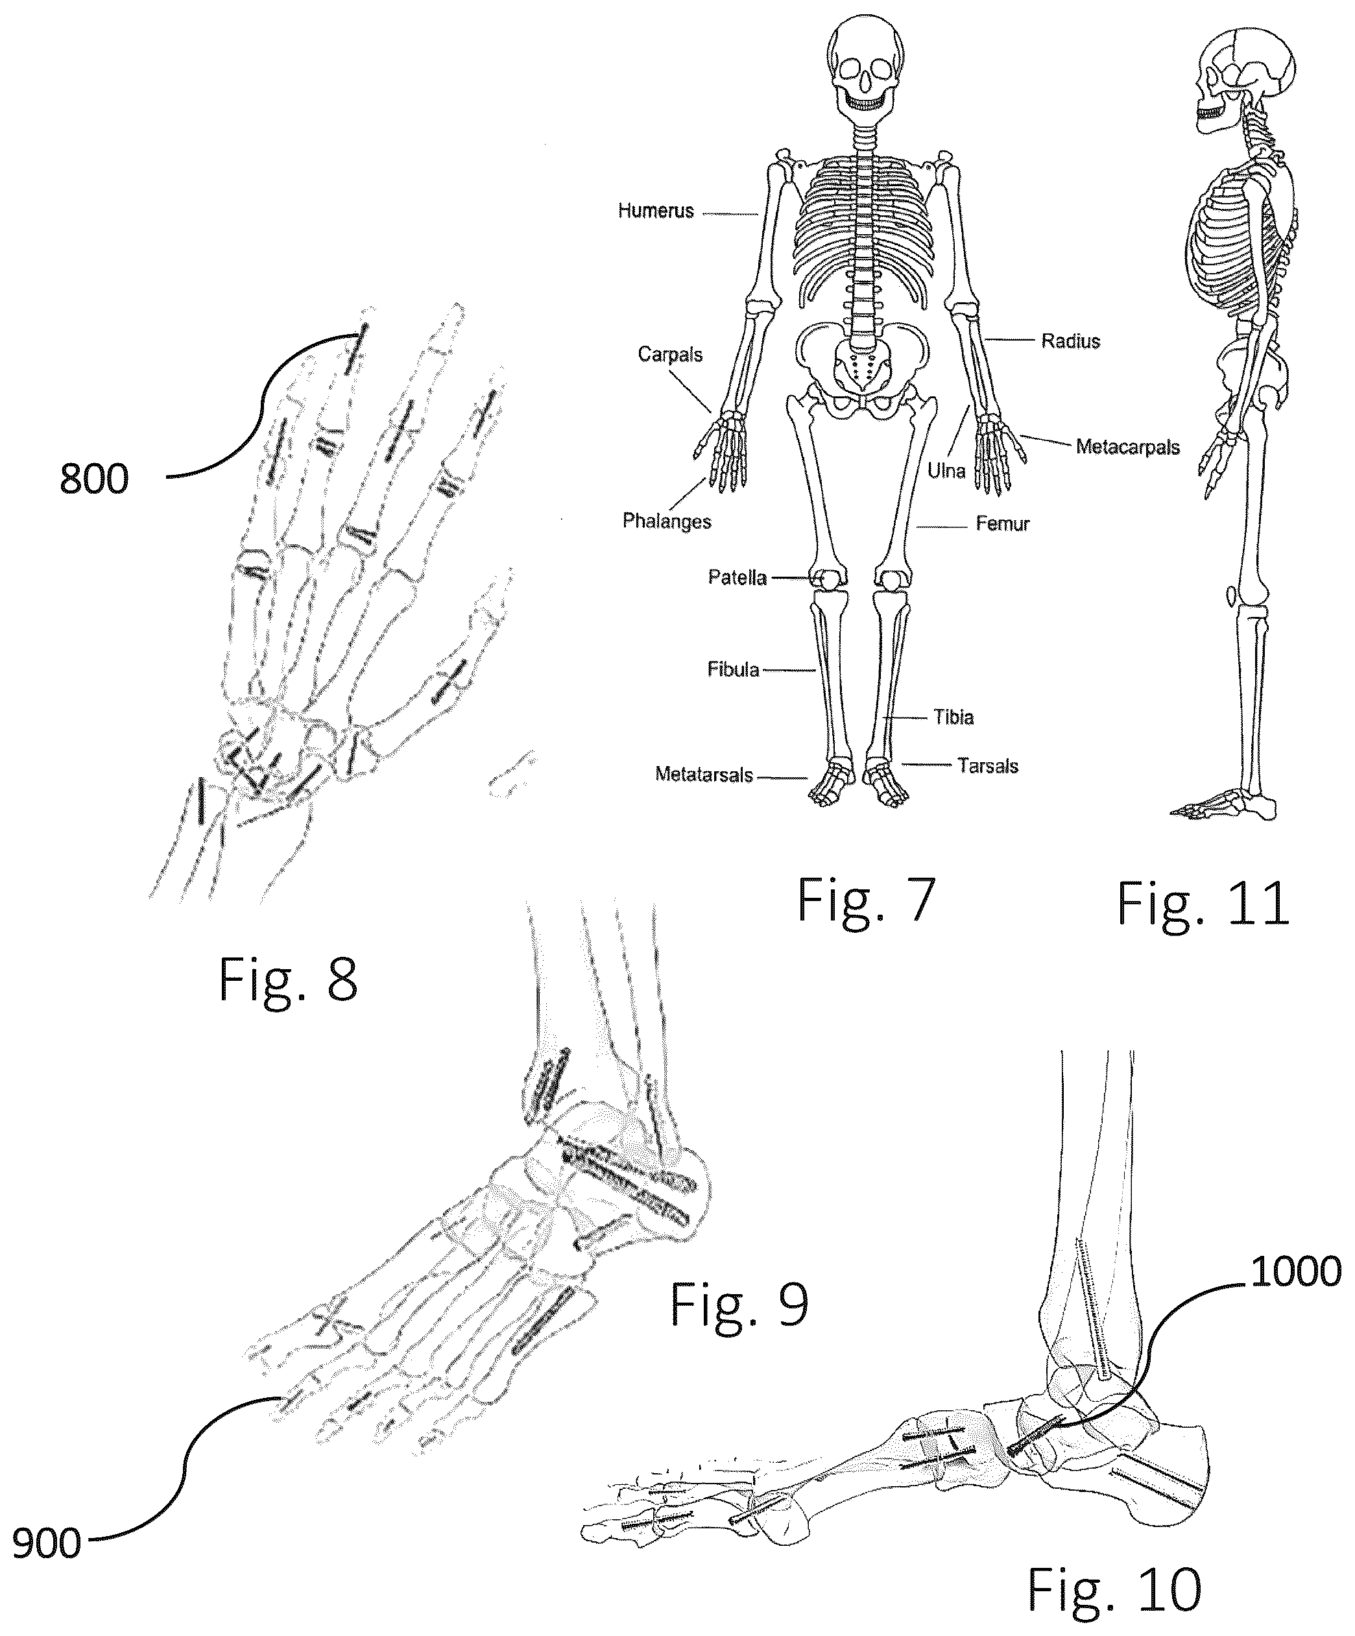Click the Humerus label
[655, 210]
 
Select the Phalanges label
[666, 521]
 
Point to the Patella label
[737, 577]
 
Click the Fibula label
[733, 669]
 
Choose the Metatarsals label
[704, 775]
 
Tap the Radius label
[1071, 341]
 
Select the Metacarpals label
[1127, 446]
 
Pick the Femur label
[1003, 523]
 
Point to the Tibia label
[953, 717]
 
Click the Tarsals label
[988, 766]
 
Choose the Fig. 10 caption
[1114, 1589]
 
